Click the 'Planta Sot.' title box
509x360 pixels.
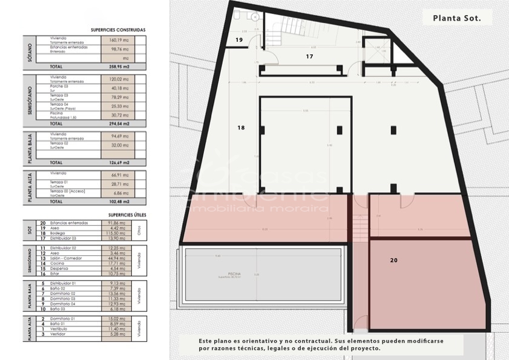tap(457, 18)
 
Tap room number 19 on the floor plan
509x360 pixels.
tap(239, 40)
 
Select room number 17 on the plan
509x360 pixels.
tap(309, 56)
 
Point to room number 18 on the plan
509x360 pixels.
tap(241, 128)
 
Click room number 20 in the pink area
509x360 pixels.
tap(393, 260)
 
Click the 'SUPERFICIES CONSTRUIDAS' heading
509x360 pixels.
tap(118, 30)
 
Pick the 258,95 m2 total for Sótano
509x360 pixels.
tap(117, 67)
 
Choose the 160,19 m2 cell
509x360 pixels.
tap(117, 41)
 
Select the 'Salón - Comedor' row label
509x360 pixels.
tap(67, 257)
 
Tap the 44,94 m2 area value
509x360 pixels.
tap(117, 257)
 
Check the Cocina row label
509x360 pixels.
tap(57, 263)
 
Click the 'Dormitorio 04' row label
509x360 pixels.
tap(63, 304)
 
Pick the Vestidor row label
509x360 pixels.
tap(59, 333)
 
